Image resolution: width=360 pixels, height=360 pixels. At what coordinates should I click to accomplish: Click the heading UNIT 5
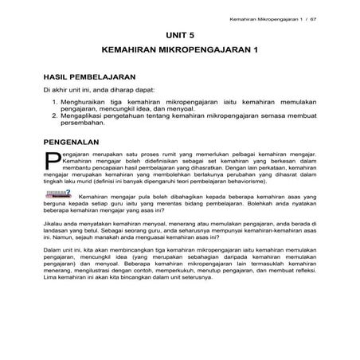click(179, 36)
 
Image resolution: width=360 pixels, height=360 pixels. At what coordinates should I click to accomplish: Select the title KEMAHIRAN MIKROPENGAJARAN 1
click(179, 50)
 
